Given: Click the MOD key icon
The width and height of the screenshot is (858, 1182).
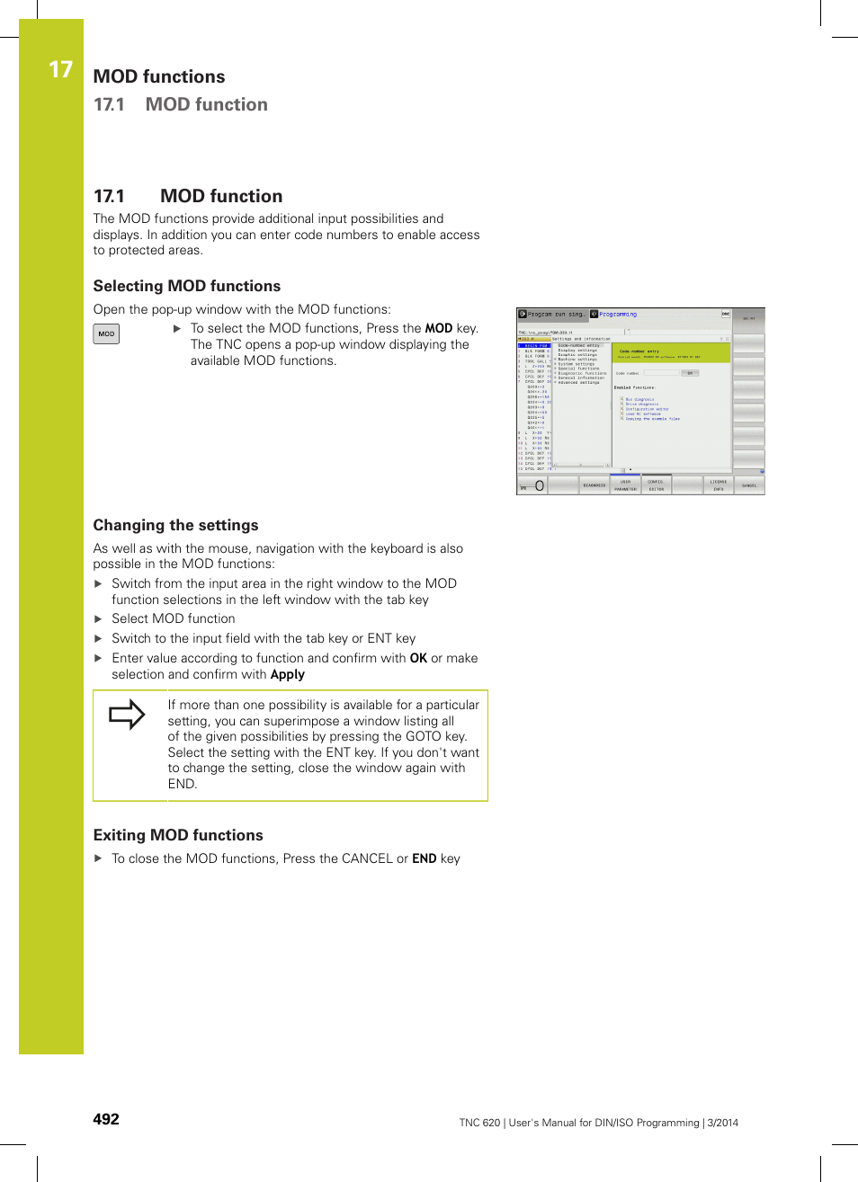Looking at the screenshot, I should point(106,333).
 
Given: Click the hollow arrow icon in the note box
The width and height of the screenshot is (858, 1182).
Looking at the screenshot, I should point(127,715).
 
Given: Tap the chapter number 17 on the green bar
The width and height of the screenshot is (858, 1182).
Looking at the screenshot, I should point(59,70).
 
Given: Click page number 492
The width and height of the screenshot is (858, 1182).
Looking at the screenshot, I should point(106,1119).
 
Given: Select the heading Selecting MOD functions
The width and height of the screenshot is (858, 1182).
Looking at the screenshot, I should point(186,286).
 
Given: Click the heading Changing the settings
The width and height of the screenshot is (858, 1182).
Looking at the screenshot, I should point(175,525).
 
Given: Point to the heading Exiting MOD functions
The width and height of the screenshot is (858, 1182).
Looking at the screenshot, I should point(178,835).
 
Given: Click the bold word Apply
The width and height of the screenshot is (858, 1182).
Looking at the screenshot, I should point(287,674).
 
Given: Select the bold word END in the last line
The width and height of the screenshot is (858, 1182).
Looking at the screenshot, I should point(424,858).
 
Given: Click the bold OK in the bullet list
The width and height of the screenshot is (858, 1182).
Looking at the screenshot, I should point(418,658).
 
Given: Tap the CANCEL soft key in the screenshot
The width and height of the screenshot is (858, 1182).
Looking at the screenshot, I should point(748,485).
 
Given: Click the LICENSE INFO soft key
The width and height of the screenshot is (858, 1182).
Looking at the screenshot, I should point(718,485).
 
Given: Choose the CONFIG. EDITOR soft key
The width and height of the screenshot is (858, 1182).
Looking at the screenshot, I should point(656,485).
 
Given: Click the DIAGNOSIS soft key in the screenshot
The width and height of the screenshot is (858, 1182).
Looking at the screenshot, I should point(594,485).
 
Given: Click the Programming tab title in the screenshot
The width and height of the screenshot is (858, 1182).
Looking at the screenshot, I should point(618,315).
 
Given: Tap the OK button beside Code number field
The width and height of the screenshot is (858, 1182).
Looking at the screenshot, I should point(690,373).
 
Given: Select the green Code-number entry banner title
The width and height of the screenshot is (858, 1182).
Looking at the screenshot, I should point(639,351).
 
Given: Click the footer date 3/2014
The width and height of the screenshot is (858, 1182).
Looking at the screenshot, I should point(722,1123).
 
